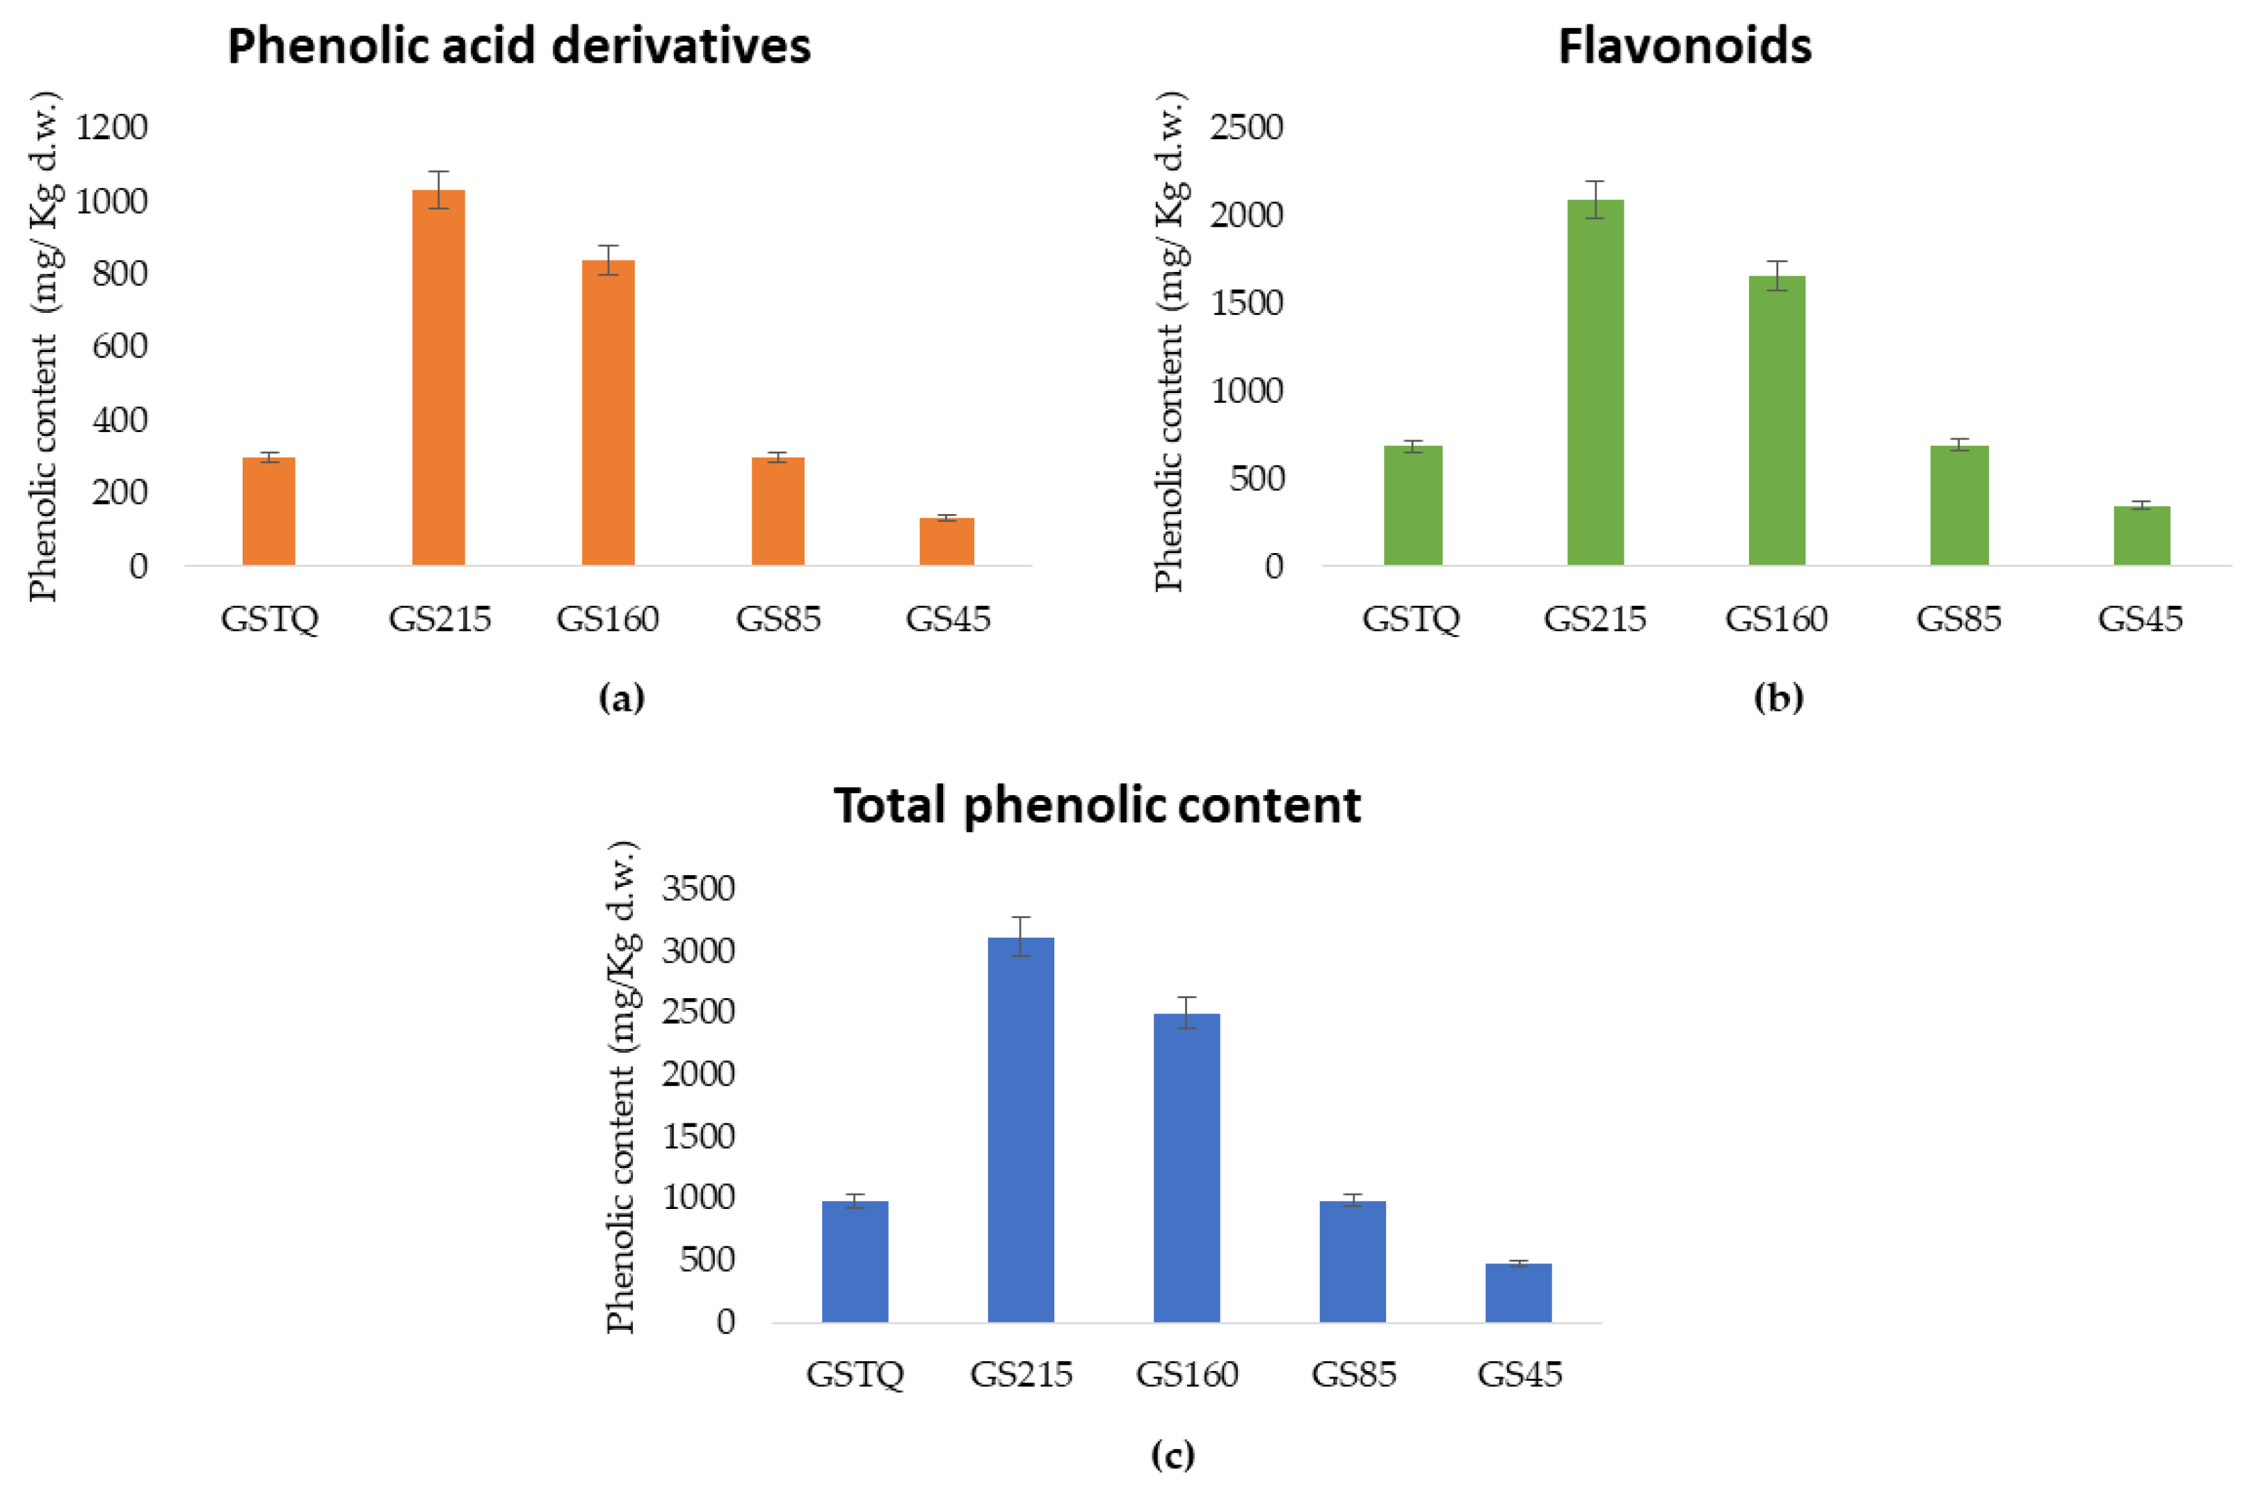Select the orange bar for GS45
pyautogui.click(x=946, y=541)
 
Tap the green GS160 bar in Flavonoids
pyautogui.click(x=1776, y=421)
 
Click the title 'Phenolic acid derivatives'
pyautogui.click(x=519, y=46)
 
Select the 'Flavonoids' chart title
pyautogui.click(x=1684, y=46)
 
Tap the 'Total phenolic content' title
pyautogui.click(x=1096, y=805)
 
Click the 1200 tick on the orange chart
pyautogui.click(x=112, y=127)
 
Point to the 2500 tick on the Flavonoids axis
pyautogui.click(x=1246, y=127)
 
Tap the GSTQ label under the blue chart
pyautogui.click(x=855, y=1374)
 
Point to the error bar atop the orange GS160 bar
pyautogui.click(x=608, y=259)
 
